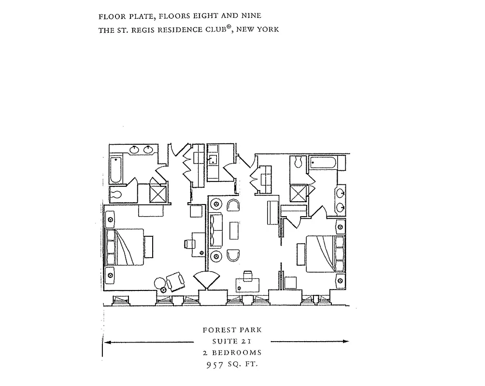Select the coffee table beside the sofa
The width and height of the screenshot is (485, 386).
[234, 230]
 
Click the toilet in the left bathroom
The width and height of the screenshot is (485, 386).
[116, 194]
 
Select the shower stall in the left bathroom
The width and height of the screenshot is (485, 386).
[158, 194]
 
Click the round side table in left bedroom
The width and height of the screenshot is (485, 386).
[159, 283]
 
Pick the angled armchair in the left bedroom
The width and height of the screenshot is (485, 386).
[175, 281]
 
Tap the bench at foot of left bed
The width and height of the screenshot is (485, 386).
[150, 247]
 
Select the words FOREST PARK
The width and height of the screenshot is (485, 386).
[232, 331]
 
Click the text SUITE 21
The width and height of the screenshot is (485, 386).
[232, 342]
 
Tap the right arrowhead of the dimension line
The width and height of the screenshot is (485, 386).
[345, 342]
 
